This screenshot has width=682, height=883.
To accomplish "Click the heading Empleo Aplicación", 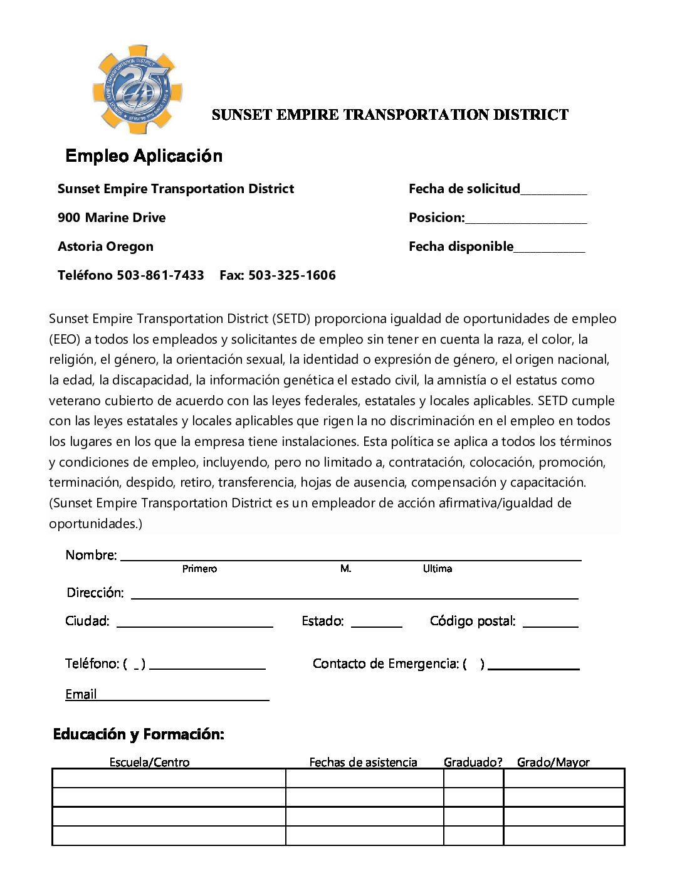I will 144,156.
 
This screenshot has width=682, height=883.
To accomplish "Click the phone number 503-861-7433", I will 160,275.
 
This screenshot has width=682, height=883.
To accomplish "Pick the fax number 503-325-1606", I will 291,275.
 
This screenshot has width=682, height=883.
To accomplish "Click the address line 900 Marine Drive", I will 112,218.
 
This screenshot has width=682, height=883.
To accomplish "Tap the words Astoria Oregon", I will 105,246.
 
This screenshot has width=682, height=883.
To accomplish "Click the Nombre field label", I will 91,555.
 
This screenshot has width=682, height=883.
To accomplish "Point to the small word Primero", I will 199,569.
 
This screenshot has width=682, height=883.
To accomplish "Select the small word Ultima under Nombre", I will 437,569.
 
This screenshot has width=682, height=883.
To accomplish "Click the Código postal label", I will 473,621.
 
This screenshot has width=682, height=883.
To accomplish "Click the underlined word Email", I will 81,694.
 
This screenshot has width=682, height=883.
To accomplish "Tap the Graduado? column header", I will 473,762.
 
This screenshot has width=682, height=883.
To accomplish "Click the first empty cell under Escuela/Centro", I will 169,778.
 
